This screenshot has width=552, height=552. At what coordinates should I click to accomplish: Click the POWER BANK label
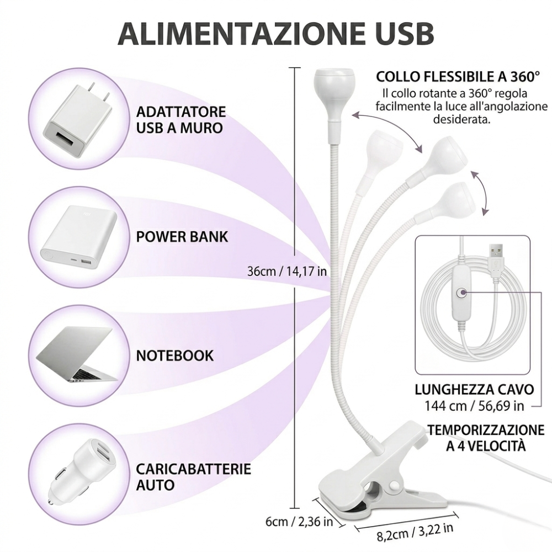click(182, 237)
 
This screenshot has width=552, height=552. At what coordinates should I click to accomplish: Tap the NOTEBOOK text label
click(174, 355)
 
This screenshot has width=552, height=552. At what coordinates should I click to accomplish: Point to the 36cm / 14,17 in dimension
click(287, 271)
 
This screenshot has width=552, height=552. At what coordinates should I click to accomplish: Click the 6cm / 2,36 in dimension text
click(299, 521)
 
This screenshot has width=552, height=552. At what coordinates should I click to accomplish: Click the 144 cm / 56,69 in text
click(474, 406)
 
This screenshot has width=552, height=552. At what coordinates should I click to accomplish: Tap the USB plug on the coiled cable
click(496, 257)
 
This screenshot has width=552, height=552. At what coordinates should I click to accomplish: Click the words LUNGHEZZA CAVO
click(474, 389)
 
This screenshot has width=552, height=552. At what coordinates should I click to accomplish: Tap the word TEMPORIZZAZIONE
click(486, 429)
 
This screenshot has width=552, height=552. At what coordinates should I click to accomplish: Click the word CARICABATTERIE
click(194, 470)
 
